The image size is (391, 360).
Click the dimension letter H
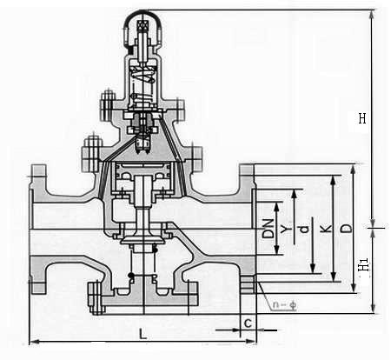362,118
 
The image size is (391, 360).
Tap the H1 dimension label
364,264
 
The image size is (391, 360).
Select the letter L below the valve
142,334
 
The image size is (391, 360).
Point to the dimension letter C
248,323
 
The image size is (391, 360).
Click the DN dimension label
268,229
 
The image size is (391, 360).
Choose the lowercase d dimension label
304,230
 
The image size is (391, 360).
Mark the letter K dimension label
326,230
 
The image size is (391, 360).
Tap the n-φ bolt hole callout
285,305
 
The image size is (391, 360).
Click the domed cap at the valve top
142,29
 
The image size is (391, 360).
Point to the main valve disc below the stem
142,240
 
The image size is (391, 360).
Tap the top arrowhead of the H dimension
373,15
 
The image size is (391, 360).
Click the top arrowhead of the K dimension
334,181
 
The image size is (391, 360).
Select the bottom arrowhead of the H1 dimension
373,308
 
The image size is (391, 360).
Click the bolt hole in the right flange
248,284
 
